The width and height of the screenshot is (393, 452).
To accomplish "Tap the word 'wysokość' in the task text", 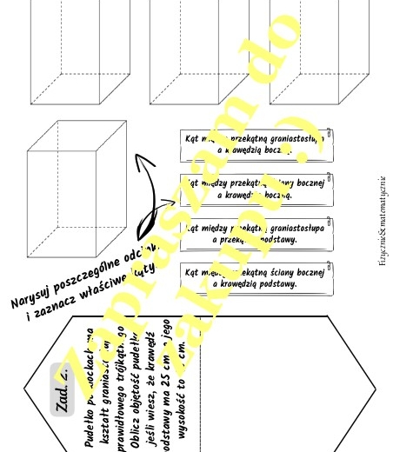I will pyautogui.click(x=181, y=423).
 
